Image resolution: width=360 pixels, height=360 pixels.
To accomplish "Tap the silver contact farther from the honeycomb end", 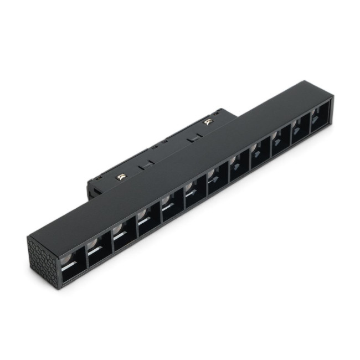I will (209, 122).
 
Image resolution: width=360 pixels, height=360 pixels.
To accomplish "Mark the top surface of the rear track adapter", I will (166, 144).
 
